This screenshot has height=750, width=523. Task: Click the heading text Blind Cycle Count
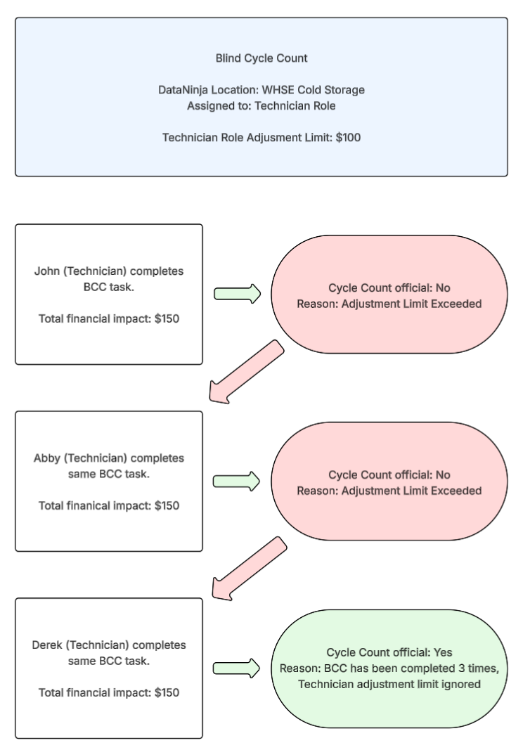(261, 58)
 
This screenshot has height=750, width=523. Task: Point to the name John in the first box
(46, 271)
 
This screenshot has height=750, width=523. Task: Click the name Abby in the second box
(47, 458)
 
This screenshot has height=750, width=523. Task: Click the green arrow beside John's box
(236, 295)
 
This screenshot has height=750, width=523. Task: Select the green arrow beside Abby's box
(236, 481)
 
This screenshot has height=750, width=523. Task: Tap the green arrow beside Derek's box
(236, 668)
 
